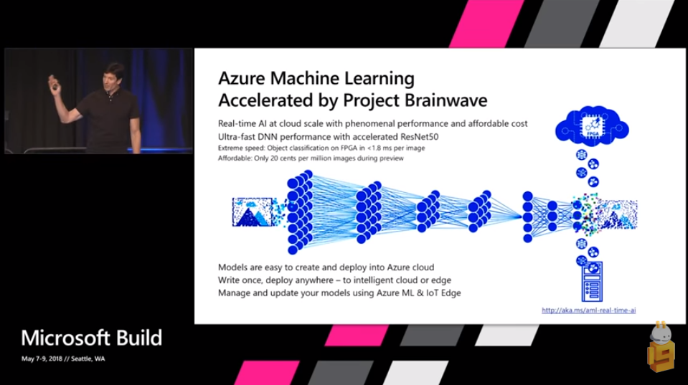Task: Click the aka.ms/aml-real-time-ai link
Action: (588, 310)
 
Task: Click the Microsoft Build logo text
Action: (91, 338)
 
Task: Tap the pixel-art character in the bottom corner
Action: (660, 348)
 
